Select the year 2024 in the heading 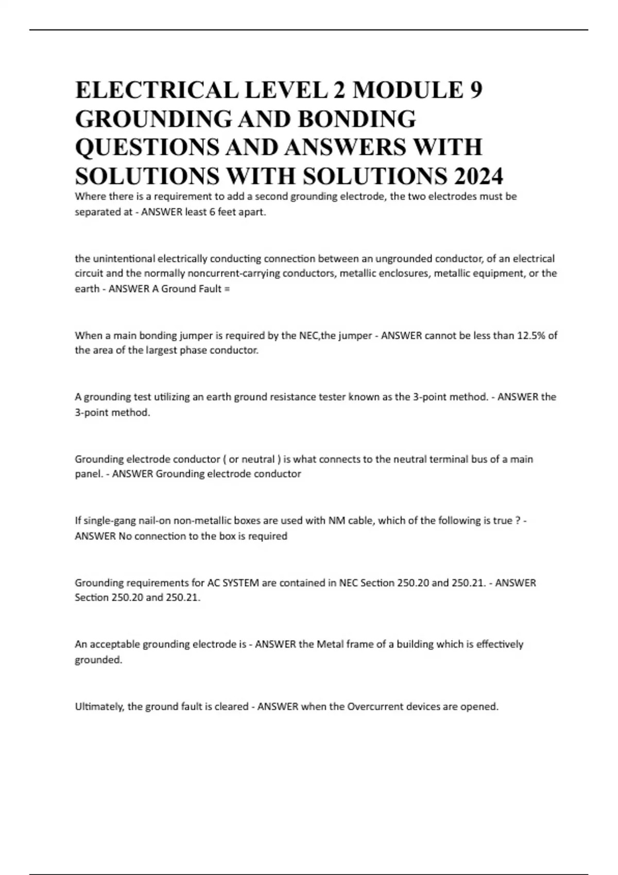point(476,177)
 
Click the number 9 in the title point(477,91)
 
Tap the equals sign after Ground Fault point(228,289)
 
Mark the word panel point(89,474)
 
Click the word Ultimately point(99,707)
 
